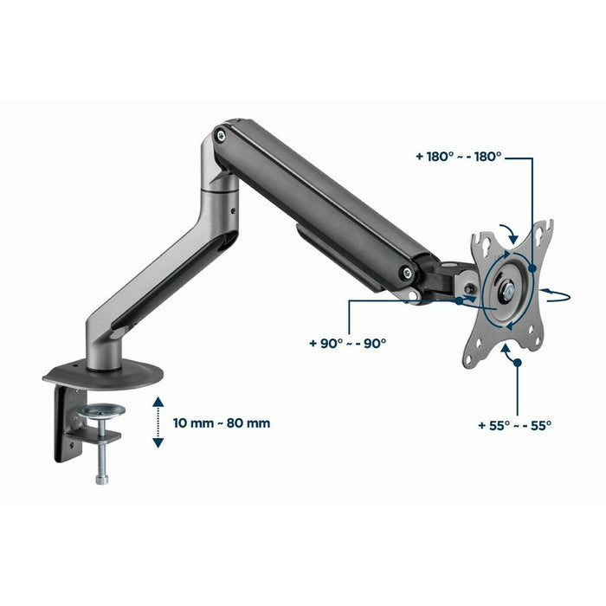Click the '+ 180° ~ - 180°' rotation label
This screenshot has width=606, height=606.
click(x=458, y=158)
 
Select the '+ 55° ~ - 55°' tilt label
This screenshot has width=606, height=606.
click(x=514, y=425)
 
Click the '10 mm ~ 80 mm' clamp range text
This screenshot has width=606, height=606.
click(x=221, y=423)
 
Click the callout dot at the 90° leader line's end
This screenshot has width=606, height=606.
click(x=458, y=300)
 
